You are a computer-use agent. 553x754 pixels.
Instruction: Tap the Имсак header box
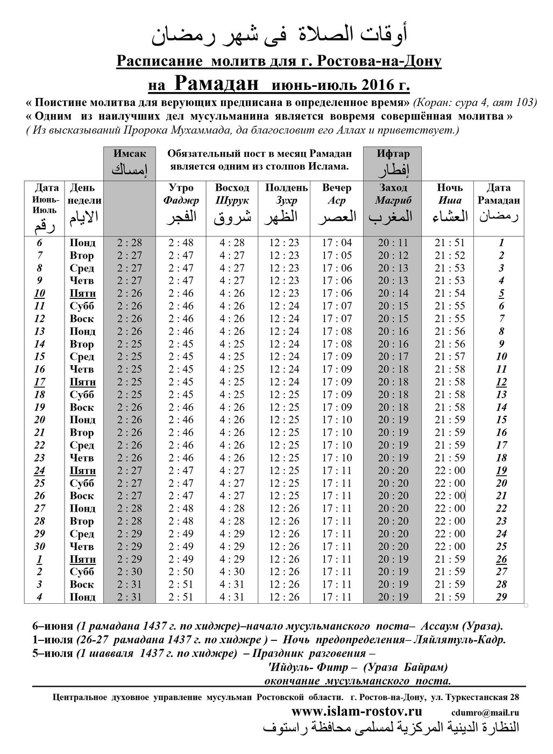(129, 162)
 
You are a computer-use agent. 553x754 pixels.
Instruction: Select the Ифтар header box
(393, 162)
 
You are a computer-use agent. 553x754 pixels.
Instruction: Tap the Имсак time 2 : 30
(129, 571)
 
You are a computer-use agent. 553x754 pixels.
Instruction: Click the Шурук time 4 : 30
(232, 571)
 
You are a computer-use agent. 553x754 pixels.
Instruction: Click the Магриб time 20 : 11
(393, 243)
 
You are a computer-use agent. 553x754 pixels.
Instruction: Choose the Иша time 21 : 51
(450, 243)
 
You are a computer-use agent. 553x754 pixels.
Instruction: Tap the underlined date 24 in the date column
(39, 470)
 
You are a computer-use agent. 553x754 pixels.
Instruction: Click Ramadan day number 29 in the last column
(501, 597)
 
